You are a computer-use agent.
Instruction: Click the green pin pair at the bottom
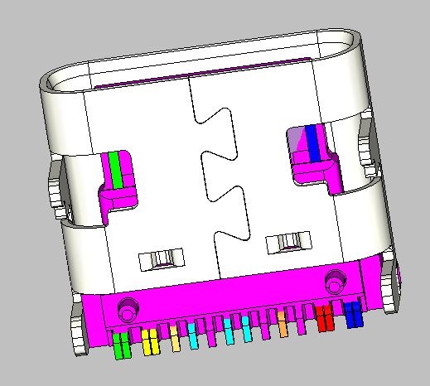(x=121, y=346)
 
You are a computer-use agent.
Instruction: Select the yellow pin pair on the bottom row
(x=150, y=341)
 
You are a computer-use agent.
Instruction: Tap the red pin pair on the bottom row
(x=324, y=318)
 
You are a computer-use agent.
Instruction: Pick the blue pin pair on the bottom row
(x=353, y=315)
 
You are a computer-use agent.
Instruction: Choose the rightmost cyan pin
(x=248, y=331)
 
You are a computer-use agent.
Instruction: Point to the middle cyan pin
(x=228, y=333)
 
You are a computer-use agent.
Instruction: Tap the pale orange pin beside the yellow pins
(x=175, y=340)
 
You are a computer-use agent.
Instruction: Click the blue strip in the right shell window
(x=312, y=144)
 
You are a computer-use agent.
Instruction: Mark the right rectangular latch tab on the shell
(x=287, y=243)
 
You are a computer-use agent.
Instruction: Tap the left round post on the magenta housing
(x=128, y=307)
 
